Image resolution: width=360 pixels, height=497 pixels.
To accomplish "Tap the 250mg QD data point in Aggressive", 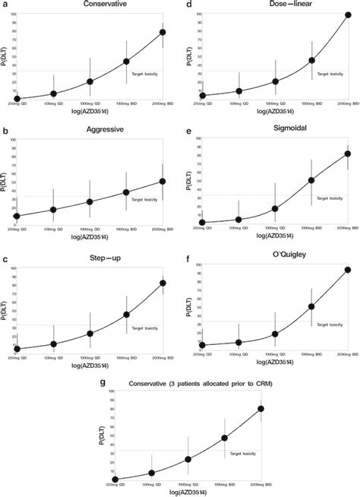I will (x=17, y=216).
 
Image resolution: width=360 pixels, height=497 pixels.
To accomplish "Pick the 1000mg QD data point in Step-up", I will (x=90, y=333).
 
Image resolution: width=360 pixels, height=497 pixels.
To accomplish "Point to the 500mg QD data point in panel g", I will (x=152, y=473).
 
